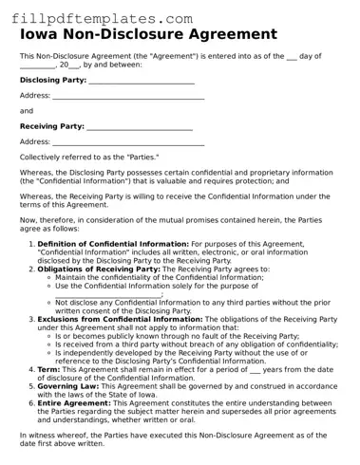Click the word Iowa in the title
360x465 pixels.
(x=44, y=35)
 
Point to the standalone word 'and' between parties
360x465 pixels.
(x=27, y=111)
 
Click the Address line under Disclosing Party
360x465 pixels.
(x=122, y=97)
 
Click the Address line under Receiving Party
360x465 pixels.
(x=122, y=141)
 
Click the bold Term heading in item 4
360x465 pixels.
(x=48, y=368)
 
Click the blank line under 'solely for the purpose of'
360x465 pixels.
(x=108, y=294)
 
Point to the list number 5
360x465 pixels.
(x=29, y=385)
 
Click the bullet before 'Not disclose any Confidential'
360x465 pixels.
(x=47, y=303)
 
